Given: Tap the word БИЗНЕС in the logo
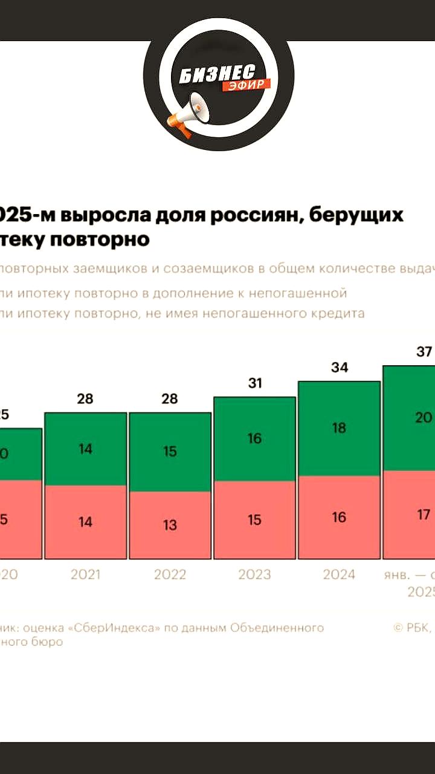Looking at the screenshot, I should (x=216, y=75).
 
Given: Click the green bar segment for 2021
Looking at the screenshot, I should (x=86, y=449).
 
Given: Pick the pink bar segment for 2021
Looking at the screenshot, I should (x=86, y=522).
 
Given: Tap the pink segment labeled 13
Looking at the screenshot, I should (x=170, y=525).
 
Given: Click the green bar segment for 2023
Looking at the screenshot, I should (x=254, y=439).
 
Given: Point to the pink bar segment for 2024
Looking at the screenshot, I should (x=339, y=517).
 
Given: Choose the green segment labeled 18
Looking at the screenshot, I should (x=339, y=428).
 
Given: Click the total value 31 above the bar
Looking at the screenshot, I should (x=254, y=383).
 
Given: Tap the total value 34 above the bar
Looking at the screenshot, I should (x=340, y=367).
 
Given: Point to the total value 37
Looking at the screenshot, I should (x=424, y=351).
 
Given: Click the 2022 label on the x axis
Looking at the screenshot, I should (x=170, y=574).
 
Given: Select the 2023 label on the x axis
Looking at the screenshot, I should (x=254, y=574).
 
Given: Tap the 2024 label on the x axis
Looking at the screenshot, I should (x=339, y=574).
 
